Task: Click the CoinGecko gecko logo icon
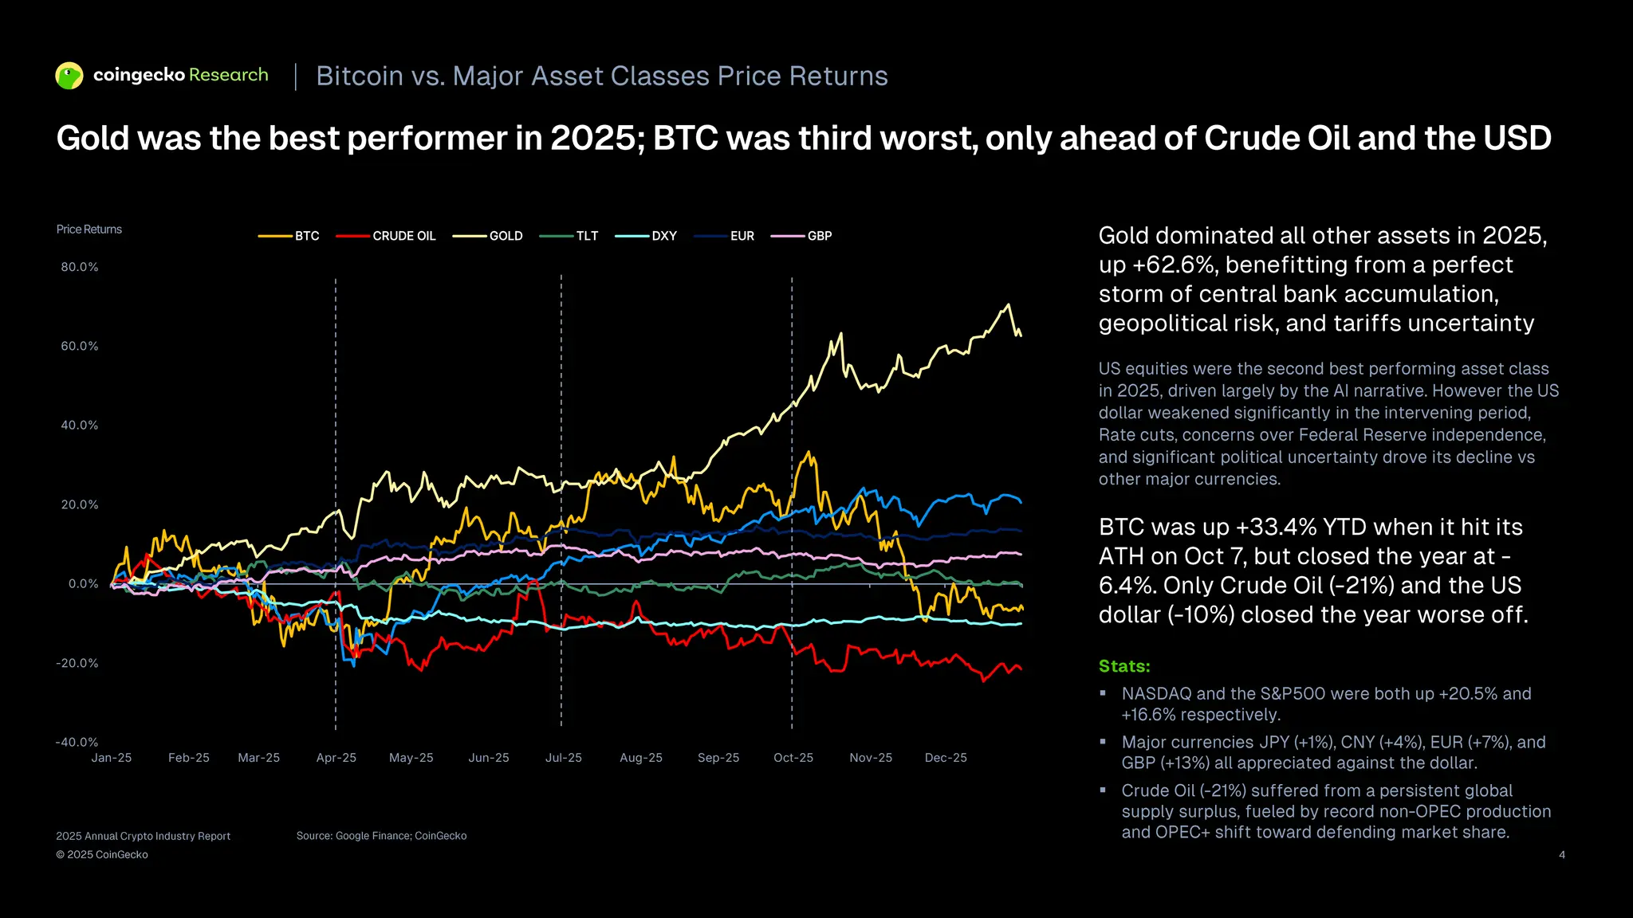69,76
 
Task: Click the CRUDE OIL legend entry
403,236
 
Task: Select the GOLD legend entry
506,236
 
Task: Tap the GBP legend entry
819,236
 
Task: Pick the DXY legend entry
663,236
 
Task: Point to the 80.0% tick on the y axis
80,267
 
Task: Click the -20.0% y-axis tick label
77,663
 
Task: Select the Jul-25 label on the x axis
563,758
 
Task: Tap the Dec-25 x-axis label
946,758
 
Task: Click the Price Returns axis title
89,229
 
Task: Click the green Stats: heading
1124,666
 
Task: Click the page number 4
1561,855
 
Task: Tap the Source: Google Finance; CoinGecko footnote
381,836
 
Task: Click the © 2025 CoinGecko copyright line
102,855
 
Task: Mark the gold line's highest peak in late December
1009,304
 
